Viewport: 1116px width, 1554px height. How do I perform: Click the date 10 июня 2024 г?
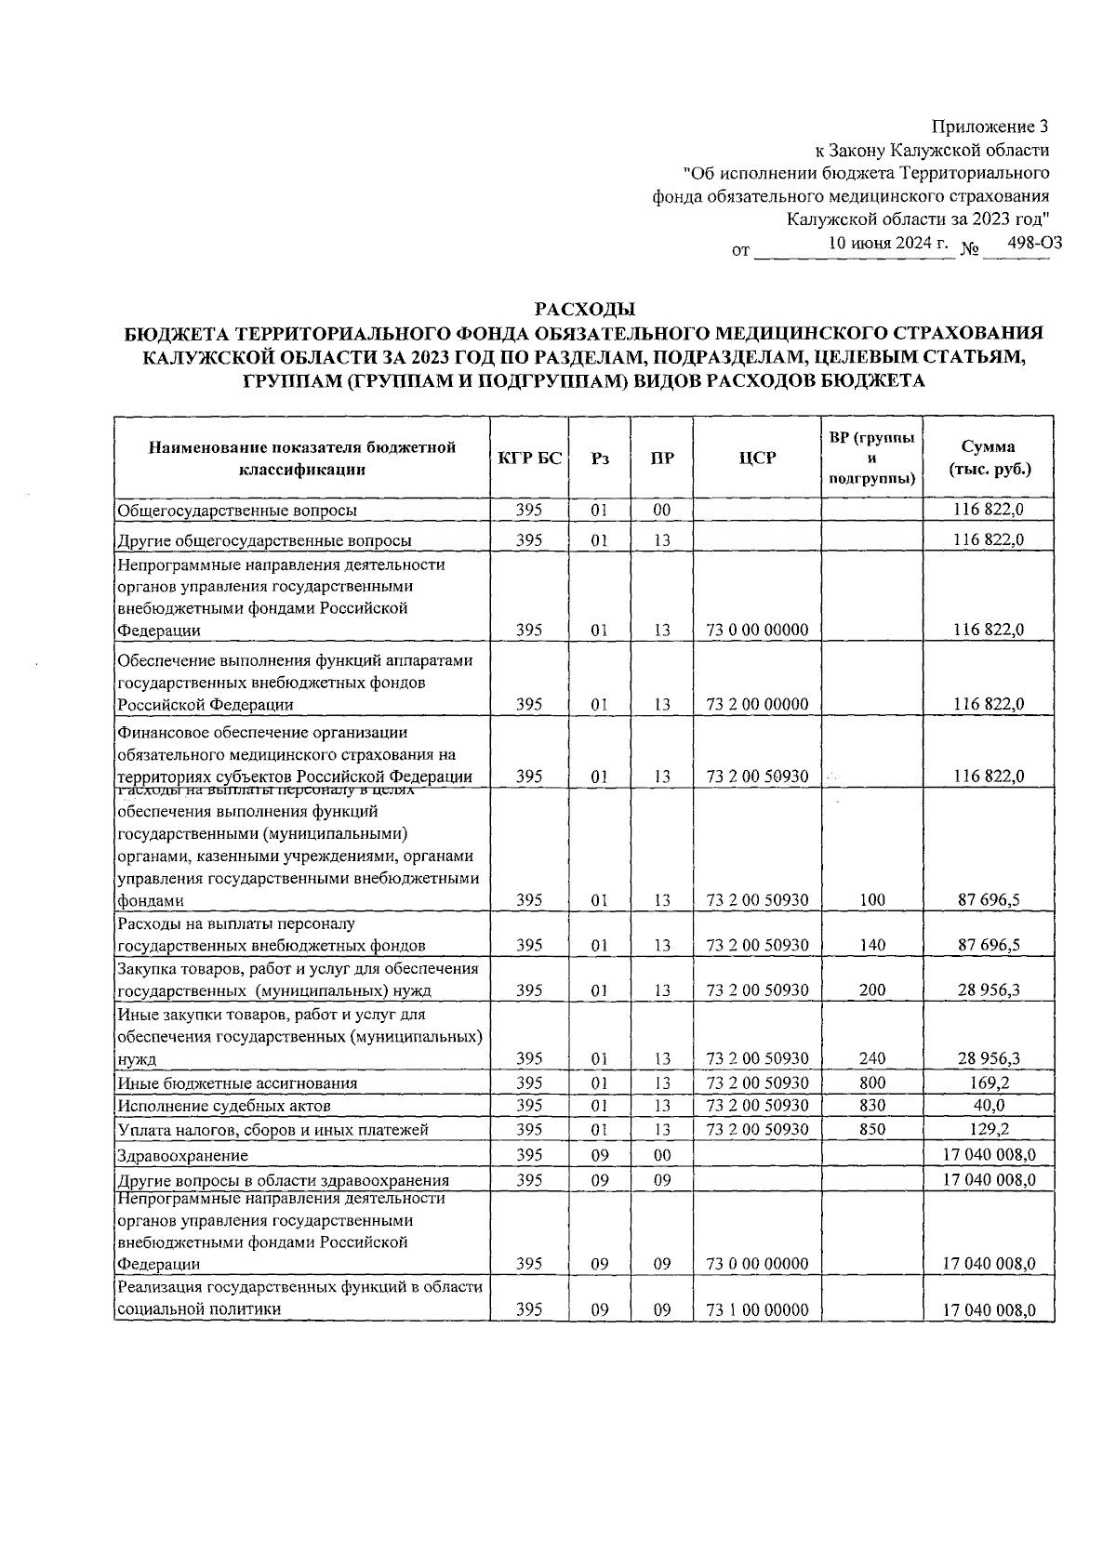(888, 244)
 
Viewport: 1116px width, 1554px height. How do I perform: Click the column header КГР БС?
(529, 458)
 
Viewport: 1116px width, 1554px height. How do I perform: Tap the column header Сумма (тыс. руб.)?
(989, 458)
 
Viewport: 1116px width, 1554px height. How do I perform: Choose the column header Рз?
(600, 458)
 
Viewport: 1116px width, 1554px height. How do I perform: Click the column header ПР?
(662, 458)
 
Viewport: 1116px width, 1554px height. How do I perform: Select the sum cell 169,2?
(989, 1082)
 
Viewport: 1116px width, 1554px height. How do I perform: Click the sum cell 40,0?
(989, 1106)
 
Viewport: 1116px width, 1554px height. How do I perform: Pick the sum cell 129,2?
(989, 1130)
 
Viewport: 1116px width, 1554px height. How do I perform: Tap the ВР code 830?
(872, 1106)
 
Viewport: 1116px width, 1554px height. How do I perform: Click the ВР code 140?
(872, 945)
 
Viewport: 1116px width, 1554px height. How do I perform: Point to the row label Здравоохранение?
(182, 1156)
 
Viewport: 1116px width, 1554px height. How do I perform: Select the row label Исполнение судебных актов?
(223, 1107)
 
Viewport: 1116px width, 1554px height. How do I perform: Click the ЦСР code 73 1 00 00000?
(757, 1309)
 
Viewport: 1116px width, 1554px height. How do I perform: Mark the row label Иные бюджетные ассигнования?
(236, 1083)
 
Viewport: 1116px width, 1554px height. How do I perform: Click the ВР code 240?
(872, 1058)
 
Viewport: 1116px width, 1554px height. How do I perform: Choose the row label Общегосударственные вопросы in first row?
(236, 511)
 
